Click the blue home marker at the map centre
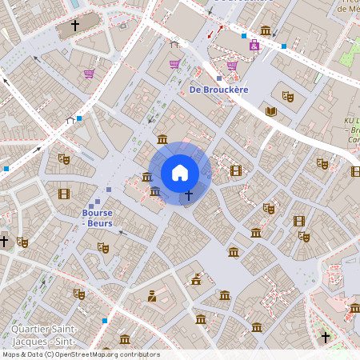[x=180, y=173]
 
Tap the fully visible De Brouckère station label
[x=218, y=90]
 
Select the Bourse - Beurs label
[x=97, y=218]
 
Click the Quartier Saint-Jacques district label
[x=44, y=334]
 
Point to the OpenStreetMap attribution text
[x=81, y=354]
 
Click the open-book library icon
[x=270, y=111]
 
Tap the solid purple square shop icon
[x=254, y=46]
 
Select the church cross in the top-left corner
[x=75, y=26]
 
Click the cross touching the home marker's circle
[x=189, y=194]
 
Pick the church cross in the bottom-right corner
[x=326, y=337]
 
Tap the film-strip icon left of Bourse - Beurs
[x=64, y=194]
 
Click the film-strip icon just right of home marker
[x=235, y=170]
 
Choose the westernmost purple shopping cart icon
[x=89, y=74]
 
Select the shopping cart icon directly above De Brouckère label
[x=232, y=66]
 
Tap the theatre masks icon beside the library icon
[x=288, y=97]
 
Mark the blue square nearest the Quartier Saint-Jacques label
[x=104, y=320]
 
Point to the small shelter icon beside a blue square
[x=70, y=120]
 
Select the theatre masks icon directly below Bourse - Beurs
[x=102, y=246]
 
